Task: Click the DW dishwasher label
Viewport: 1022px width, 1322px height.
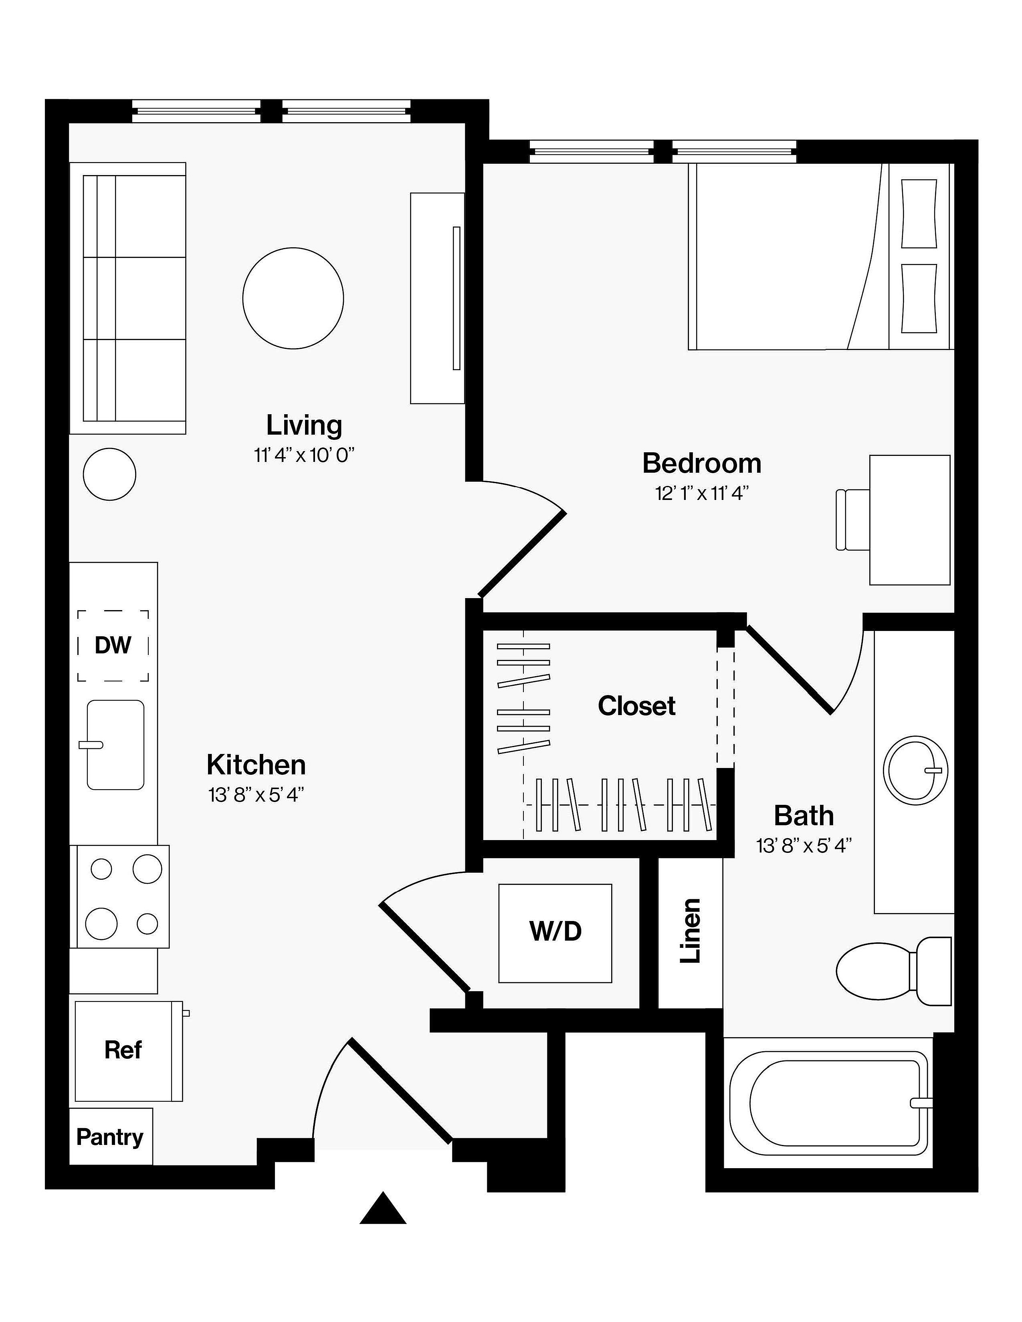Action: pos(113,645)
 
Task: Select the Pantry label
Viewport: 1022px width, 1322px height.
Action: pos(109,1137)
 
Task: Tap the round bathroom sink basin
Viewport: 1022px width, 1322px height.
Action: pos(915,770)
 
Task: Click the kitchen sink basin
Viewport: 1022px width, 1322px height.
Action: pos(115,745)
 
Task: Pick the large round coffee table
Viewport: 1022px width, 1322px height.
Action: pos(293,298)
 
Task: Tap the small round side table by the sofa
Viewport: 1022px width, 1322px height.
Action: pos(109,474)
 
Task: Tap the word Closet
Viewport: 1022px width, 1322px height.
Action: pos(636,706)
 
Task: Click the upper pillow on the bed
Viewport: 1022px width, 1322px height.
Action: pos(919,214)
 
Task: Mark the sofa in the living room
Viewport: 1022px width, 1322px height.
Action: pos(128,298)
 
